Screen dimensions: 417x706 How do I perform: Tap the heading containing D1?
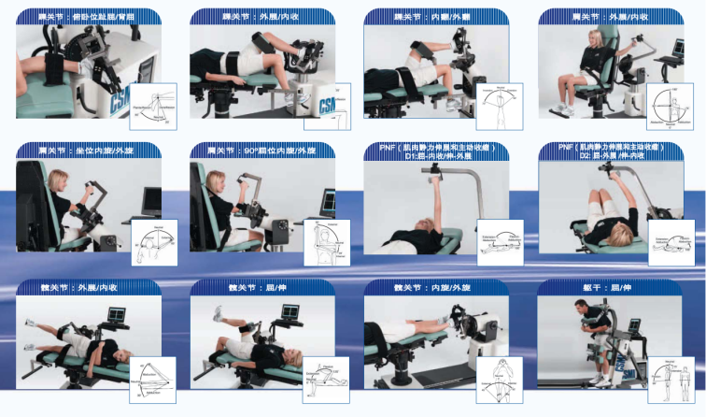(x=436, y=152)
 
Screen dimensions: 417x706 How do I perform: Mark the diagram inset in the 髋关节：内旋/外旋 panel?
(x=500, y=378)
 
